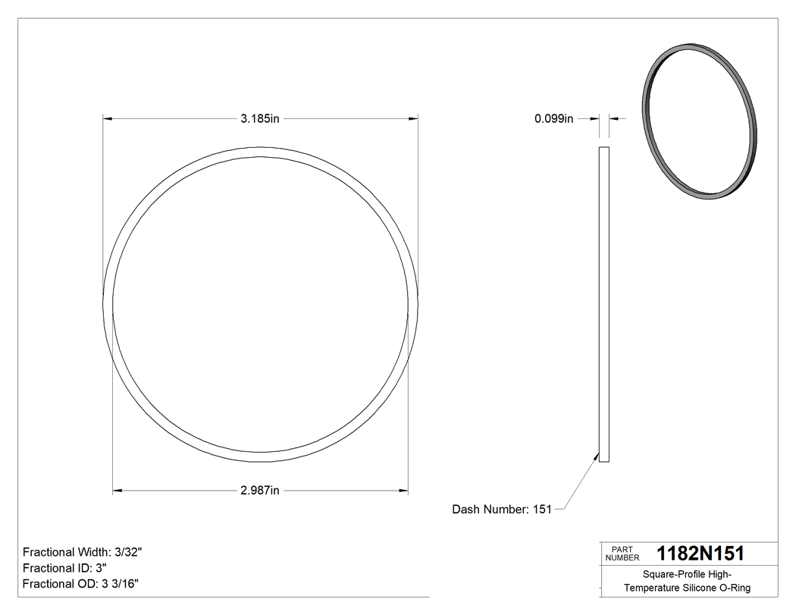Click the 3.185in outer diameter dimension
coord(260,118)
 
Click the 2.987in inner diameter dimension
coord(260,491)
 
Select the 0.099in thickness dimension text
coord(554,118)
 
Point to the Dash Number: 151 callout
coord(502,510)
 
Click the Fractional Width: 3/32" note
coord(83,552)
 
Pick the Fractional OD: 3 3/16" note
coord(80,583)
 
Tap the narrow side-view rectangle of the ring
coord(604,303)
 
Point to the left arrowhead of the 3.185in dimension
coord(107,118)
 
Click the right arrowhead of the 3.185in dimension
coord(414,118)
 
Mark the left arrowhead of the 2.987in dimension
coord(117,491)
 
